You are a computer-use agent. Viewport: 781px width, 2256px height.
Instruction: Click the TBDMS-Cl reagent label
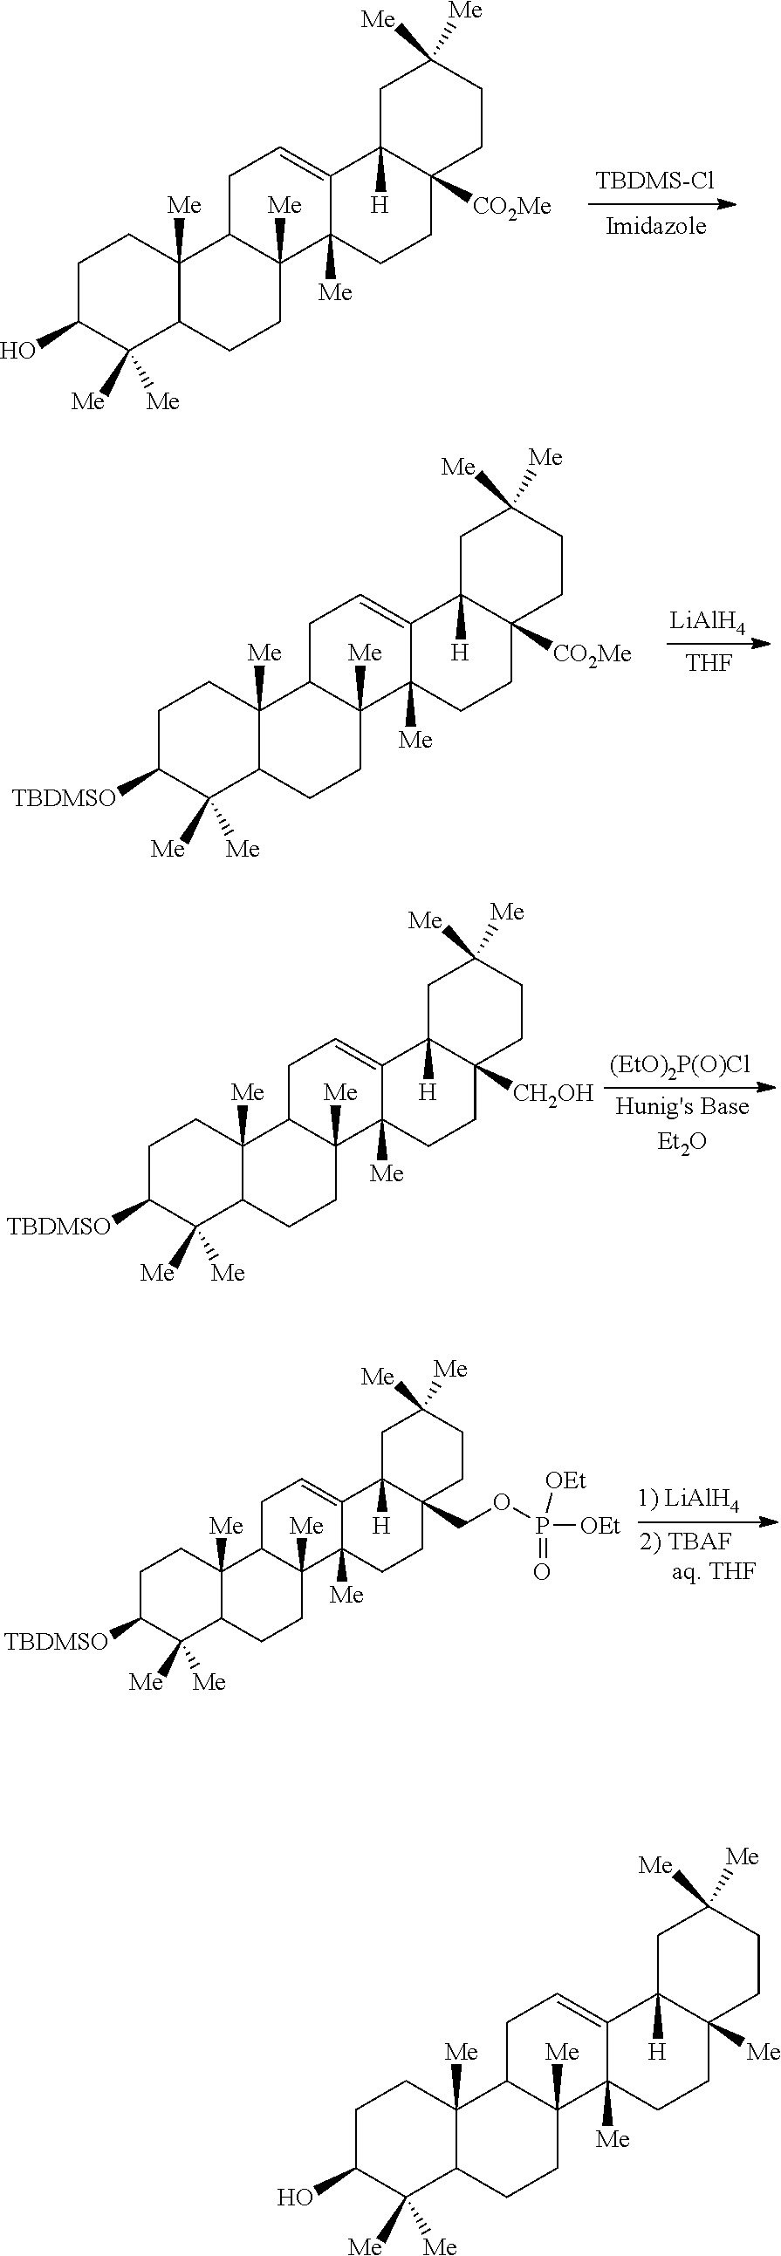(655, 181)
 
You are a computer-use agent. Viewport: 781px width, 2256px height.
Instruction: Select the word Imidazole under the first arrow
(656, 227)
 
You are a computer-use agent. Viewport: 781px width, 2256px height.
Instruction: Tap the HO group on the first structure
(17, 352)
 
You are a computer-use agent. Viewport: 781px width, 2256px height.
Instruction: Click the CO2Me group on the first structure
(512, 207)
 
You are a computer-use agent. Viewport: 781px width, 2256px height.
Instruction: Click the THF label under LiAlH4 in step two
(709, 663)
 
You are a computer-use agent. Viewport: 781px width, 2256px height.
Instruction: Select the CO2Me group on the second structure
(592, 654)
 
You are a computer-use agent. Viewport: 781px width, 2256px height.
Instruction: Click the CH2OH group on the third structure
(552, 1094)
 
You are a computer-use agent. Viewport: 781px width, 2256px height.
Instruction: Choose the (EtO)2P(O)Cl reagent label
(681, 1064)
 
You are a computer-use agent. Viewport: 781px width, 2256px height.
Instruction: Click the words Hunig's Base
(682, 1106)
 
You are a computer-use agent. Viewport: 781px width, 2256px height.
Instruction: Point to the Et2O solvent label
(682, 1143)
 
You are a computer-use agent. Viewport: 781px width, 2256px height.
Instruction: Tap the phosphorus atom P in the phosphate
(542, 1527)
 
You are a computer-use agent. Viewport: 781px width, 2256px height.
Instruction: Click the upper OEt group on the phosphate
(565, 1481)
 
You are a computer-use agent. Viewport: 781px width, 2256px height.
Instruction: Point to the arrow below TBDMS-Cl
(662, 205)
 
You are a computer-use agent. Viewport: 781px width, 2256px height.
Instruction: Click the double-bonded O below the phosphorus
(542, 1572)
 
